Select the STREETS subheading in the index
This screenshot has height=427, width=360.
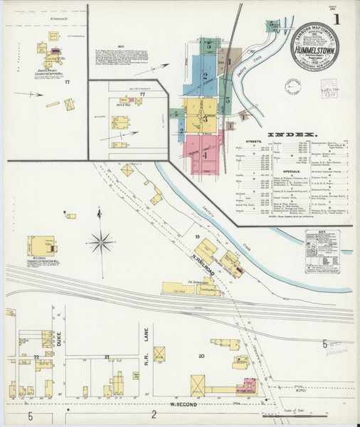click(x=255, y=142)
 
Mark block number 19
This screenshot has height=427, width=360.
click(x=196, y=235)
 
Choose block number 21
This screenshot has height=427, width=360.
click(x=107, y=355)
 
